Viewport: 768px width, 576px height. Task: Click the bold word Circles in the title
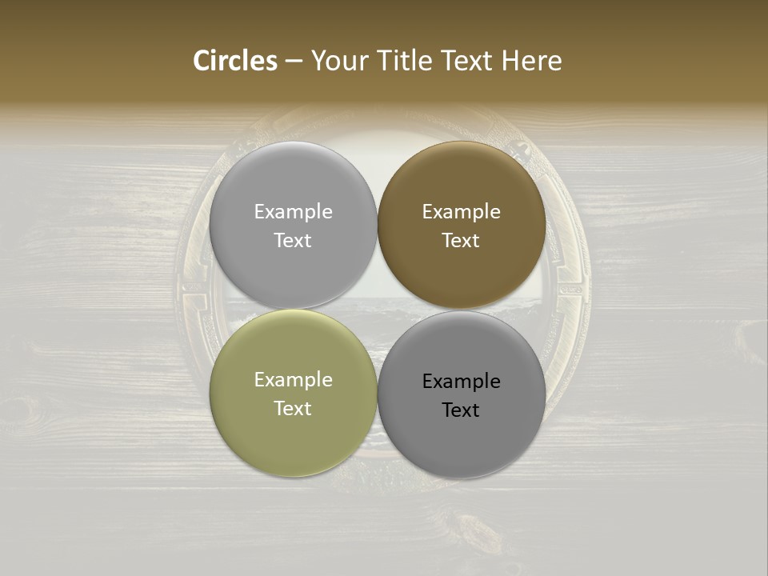click(235, 61)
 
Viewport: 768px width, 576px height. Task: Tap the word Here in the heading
click(531, 61)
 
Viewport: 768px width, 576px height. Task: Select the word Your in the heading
click(341, 61)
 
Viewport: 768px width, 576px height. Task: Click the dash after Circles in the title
click(294, 61)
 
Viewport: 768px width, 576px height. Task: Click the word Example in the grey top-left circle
click(293, 212)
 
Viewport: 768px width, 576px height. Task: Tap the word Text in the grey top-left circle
click(293, 241)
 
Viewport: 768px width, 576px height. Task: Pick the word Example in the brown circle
click(461, 212)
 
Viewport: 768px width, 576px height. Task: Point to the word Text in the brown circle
click(461, 241)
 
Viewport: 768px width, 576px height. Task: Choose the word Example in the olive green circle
click(293, 380)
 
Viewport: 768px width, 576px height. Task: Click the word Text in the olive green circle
click(293, 409)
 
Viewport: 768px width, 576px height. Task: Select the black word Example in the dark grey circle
click(461, 382)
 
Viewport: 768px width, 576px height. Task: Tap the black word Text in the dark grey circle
click(461, 410)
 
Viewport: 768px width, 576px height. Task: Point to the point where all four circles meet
click(378, 310)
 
